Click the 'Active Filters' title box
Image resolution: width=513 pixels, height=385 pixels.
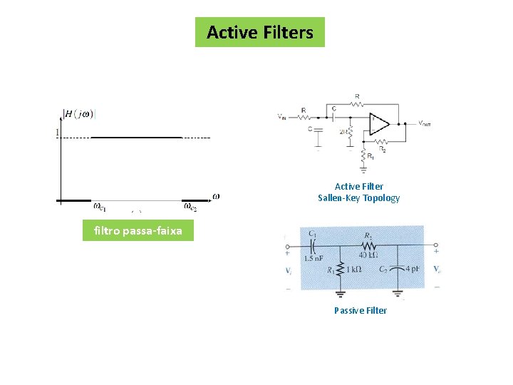[x=259, y=32]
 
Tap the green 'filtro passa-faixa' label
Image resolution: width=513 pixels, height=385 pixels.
[x=138, y=231]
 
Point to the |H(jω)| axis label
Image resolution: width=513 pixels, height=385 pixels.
[x=80, y=113]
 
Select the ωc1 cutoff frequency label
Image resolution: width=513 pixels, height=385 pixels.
[x=100, y=207]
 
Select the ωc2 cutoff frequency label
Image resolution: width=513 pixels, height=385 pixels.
[x=190, y=207]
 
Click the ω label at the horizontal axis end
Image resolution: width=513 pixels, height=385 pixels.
[x=215, y=196]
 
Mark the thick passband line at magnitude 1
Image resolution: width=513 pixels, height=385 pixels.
[x=135, y=136]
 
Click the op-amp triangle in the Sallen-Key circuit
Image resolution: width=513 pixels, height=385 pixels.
[x=378, y=124]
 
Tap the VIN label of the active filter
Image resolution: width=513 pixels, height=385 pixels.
[x=284, y=116]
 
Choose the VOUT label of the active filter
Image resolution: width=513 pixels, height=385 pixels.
[x=424, y=123]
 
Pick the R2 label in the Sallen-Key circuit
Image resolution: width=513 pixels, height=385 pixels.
[x=383, y=150]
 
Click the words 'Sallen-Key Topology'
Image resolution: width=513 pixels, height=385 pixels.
[x=358, y=198]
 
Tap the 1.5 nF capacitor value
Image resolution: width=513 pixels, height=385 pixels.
[x=314, y=259]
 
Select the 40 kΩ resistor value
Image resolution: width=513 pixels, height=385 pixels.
[x=368, y=255]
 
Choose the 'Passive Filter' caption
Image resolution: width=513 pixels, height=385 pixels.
[x=360, y=310]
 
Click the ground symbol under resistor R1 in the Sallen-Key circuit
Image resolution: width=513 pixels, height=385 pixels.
[x=363, y=169]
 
